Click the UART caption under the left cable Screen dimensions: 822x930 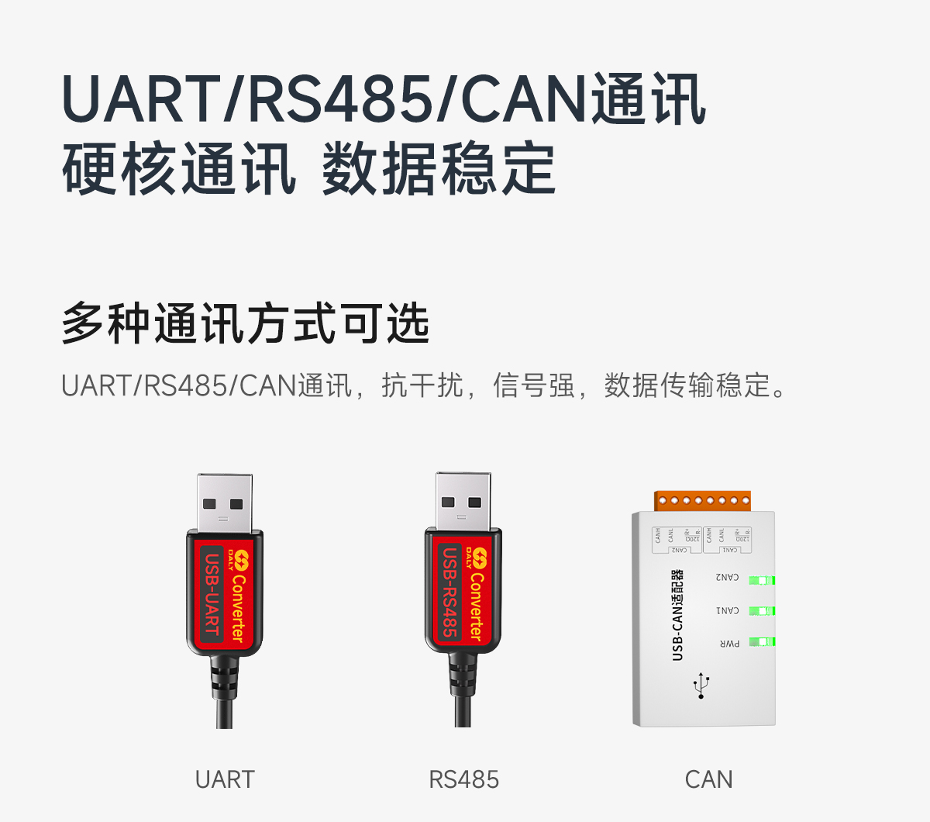(x=225, y=779)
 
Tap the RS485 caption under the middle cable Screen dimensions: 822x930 (x=463, y=779)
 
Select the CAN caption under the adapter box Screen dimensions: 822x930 (x=708, y=779)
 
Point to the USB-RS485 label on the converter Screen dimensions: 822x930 (x=450, y=593)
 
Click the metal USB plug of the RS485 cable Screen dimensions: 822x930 (x=463, y=500)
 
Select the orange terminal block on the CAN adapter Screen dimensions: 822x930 (x=702, y=500)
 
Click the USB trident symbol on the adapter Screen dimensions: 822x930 (x=701, y=686)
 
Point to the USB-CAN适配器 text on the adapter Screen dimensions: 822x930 (x=677, y=616)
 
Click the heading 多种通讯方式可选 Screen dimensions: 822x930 (x=245, y=323)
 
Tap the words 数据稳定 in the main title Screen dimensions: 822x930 (x=439, y=169)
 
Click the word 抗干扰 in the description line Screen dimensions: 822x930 (x=422, y=385)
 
